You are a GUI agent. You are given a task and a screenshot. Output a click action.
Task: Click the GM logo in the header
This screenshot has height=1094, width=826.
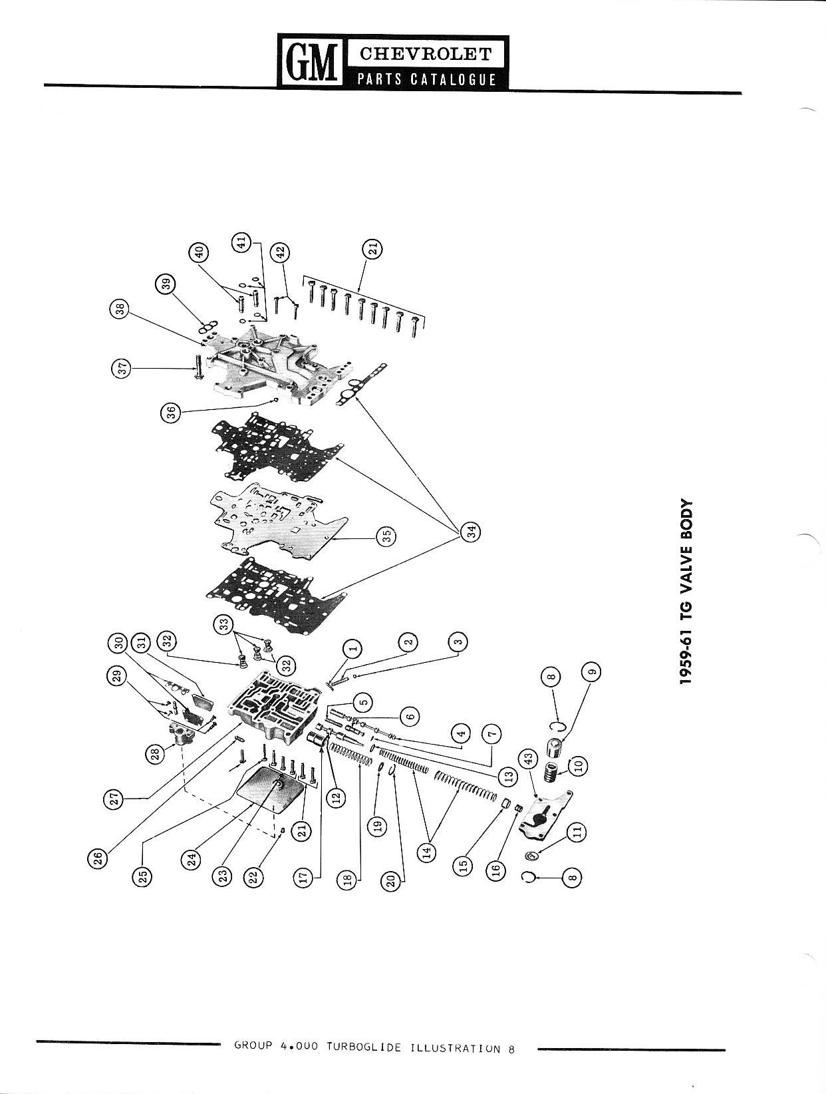click(311, 62)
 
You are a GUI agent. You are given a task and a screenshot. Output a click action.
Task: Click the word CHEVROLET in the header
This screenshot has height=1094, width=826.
click(426, 53)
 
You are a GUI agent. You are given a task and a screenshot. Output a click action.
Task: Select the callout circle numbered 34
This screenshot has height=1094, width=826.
click(471, 532)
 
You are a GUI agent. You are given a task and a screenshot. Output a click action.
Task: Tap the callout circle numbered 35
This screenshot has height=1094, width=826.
click(386, 535)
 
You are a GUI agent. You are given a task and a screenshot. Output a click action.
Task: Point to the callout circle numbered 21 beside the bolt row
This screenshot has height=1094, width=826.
click(373, 249)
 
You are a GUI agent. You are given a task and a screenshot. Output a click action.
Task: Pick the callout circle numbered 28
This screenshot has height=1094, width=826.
click(155, 753)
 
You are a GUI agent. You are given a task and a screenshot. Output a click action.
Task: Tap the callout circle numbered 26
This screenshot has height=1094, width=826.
click(97, 861)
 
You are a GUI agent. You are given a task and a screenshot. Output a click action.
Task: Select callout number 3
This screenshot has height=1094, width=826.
click(458, 642)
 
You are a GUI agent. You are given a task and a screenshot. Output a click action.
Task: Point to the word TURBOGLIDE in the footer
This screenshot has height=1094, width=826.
click(364, 1047)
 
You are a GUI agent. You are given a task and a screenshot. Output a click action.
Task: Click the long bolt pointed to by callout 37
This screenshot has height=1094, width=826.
click(198, 367)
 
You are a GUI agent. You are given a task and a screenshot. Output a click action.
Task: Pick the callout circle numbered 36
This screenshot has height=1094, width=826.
click(170, 413)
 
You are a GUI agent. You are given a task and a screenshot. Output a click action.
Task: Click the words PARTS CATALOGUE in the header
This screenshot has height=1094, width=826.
click(426, 79)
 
